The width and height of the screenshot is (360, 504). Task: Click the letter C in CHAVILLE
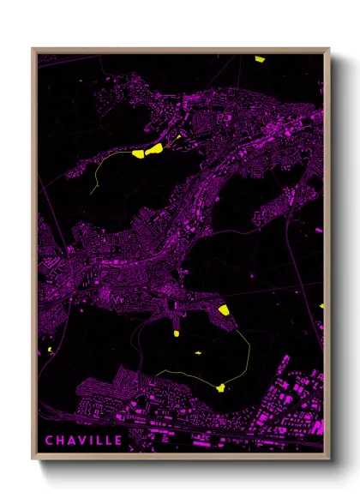(x=51, y=441)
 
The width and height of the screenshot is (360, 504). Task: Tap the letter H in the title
(x=62, y=441)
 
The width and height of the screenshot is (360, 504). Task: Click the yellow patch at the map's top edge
(x=260, y=59)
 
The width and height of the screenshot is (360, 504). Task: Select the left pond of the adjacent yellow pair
(x=139, y=155)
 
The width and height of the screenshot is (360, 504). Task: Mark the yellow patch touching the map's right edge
(x=321, y=305)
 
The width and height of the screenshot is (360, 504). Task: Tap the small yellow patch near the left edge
(x=51, y=350)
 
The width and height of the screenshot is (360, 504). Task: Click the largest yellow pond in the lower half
(x=223, y=310)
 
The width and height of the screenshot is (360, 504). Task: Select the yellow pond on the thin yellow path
(x=222, y=387)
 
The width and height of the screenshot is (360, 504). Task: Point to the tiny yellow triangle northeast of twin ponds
(x=178, y=136)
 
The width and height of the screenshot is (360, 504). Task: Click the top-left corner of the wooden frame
(x=33, y=49)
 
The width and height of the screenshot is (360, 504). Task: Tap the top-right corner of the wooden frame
(x=329, y=49)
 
